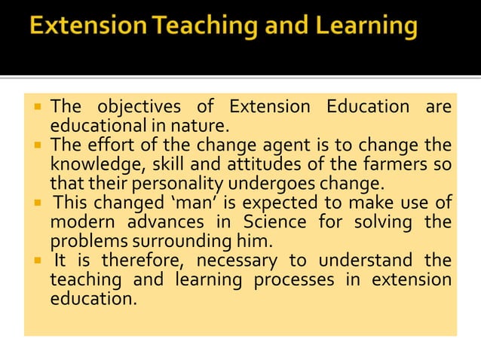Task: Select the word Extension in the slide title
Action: coord(87,29)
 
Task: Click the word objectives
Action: coord(140,106)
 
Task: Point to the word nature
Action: coord(204,125)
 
